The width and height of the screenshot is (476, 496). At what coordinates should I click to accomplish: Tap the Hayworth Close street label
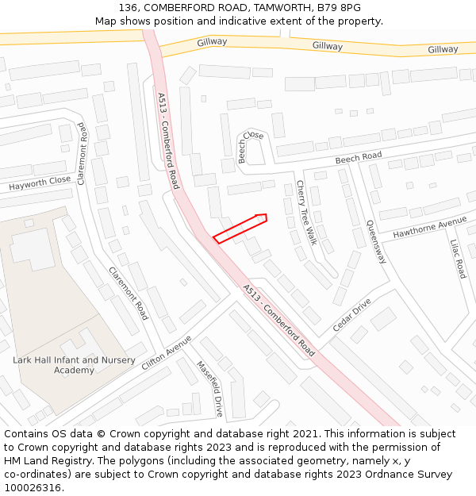[40, 184]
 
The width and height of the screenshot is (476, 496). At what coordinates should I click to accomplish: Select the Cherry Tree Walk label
[306, 213]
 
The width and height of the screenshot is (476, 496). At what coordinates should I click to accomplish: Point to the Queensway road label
[375, 242]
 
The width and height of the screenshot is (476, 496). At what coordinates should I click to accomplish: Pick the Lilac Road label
[458, 259]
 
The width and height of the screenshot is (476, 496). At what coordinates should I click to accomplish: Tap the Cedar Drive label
[351, 315]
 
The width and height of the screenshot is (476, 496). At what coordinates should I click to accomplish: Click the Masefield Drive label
[210, 389]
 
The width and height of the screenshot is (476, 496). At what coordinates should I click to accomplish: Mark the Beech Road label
[358, 158]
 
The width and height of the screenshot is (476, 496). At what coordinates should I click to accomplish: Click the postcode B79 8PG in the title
[342, 7]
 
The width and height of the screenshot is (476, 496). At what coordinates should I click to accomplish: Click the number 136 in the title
[129, 7]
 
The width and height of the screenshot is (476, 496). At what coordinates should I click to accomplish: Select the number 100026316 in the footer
[33, 487]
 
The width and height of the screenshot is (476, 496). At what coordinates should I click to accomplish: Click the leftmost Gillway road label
[212, 41]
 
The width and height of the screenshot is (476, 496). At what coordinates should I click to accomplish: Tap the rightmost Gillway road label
[443, 49]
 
